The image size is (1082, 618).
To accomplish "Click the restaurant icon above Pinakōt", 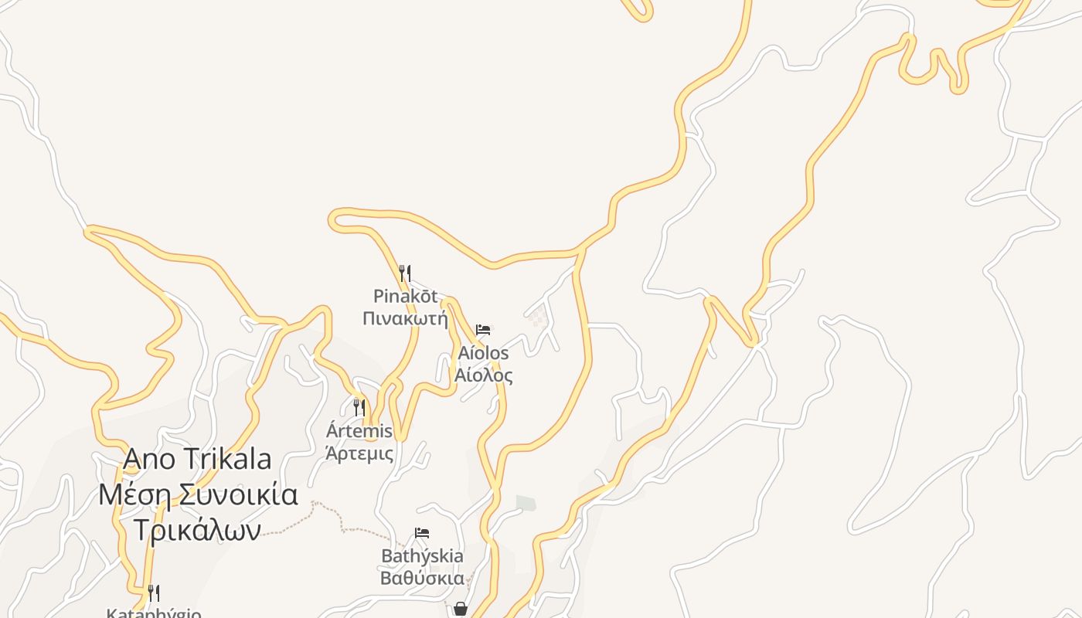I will tap(404, 272).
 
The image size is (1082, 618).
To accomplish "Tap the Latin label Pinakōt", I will tap(405, 296).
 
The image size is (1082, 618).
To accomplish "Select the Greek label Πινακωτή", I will tap(405, 317).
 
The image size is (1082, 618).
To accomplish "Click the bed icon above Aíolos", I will tap(483, 330).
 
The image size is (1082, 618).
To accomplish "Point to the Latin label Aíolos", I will tap(483, 353).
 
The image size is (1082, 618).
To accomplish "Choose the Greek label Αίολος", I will tap(483, 375).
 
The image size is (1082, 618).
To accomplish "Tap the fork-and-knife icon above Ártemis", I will tap(359, 407).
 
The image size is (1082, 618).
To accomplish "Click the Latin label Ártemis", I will tap(359, 430).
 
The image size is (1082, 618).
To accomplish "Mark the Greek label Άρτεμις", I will tap(359, 453).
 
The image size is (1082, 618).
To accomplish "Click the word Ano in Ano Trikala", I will tap(149, 459).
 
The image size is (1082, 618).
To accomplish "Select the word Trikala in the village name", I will tap(230, 459).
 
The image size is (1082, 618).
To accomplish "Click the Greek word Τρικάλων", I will tap(197, 529).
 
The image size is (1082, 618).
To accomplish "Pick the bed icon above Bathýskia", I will tap(422, 533).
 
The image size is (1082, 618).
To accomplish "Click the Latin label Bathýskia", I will tap(422, 556).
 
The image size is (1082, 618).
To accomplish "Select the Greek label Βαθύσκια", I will tap(422, 578).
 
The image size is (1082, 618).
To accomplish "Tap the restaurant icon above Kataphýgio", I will tap(154, 593).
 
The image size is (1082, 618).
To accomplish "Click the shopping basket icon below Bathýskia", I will tap(461, 609).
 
